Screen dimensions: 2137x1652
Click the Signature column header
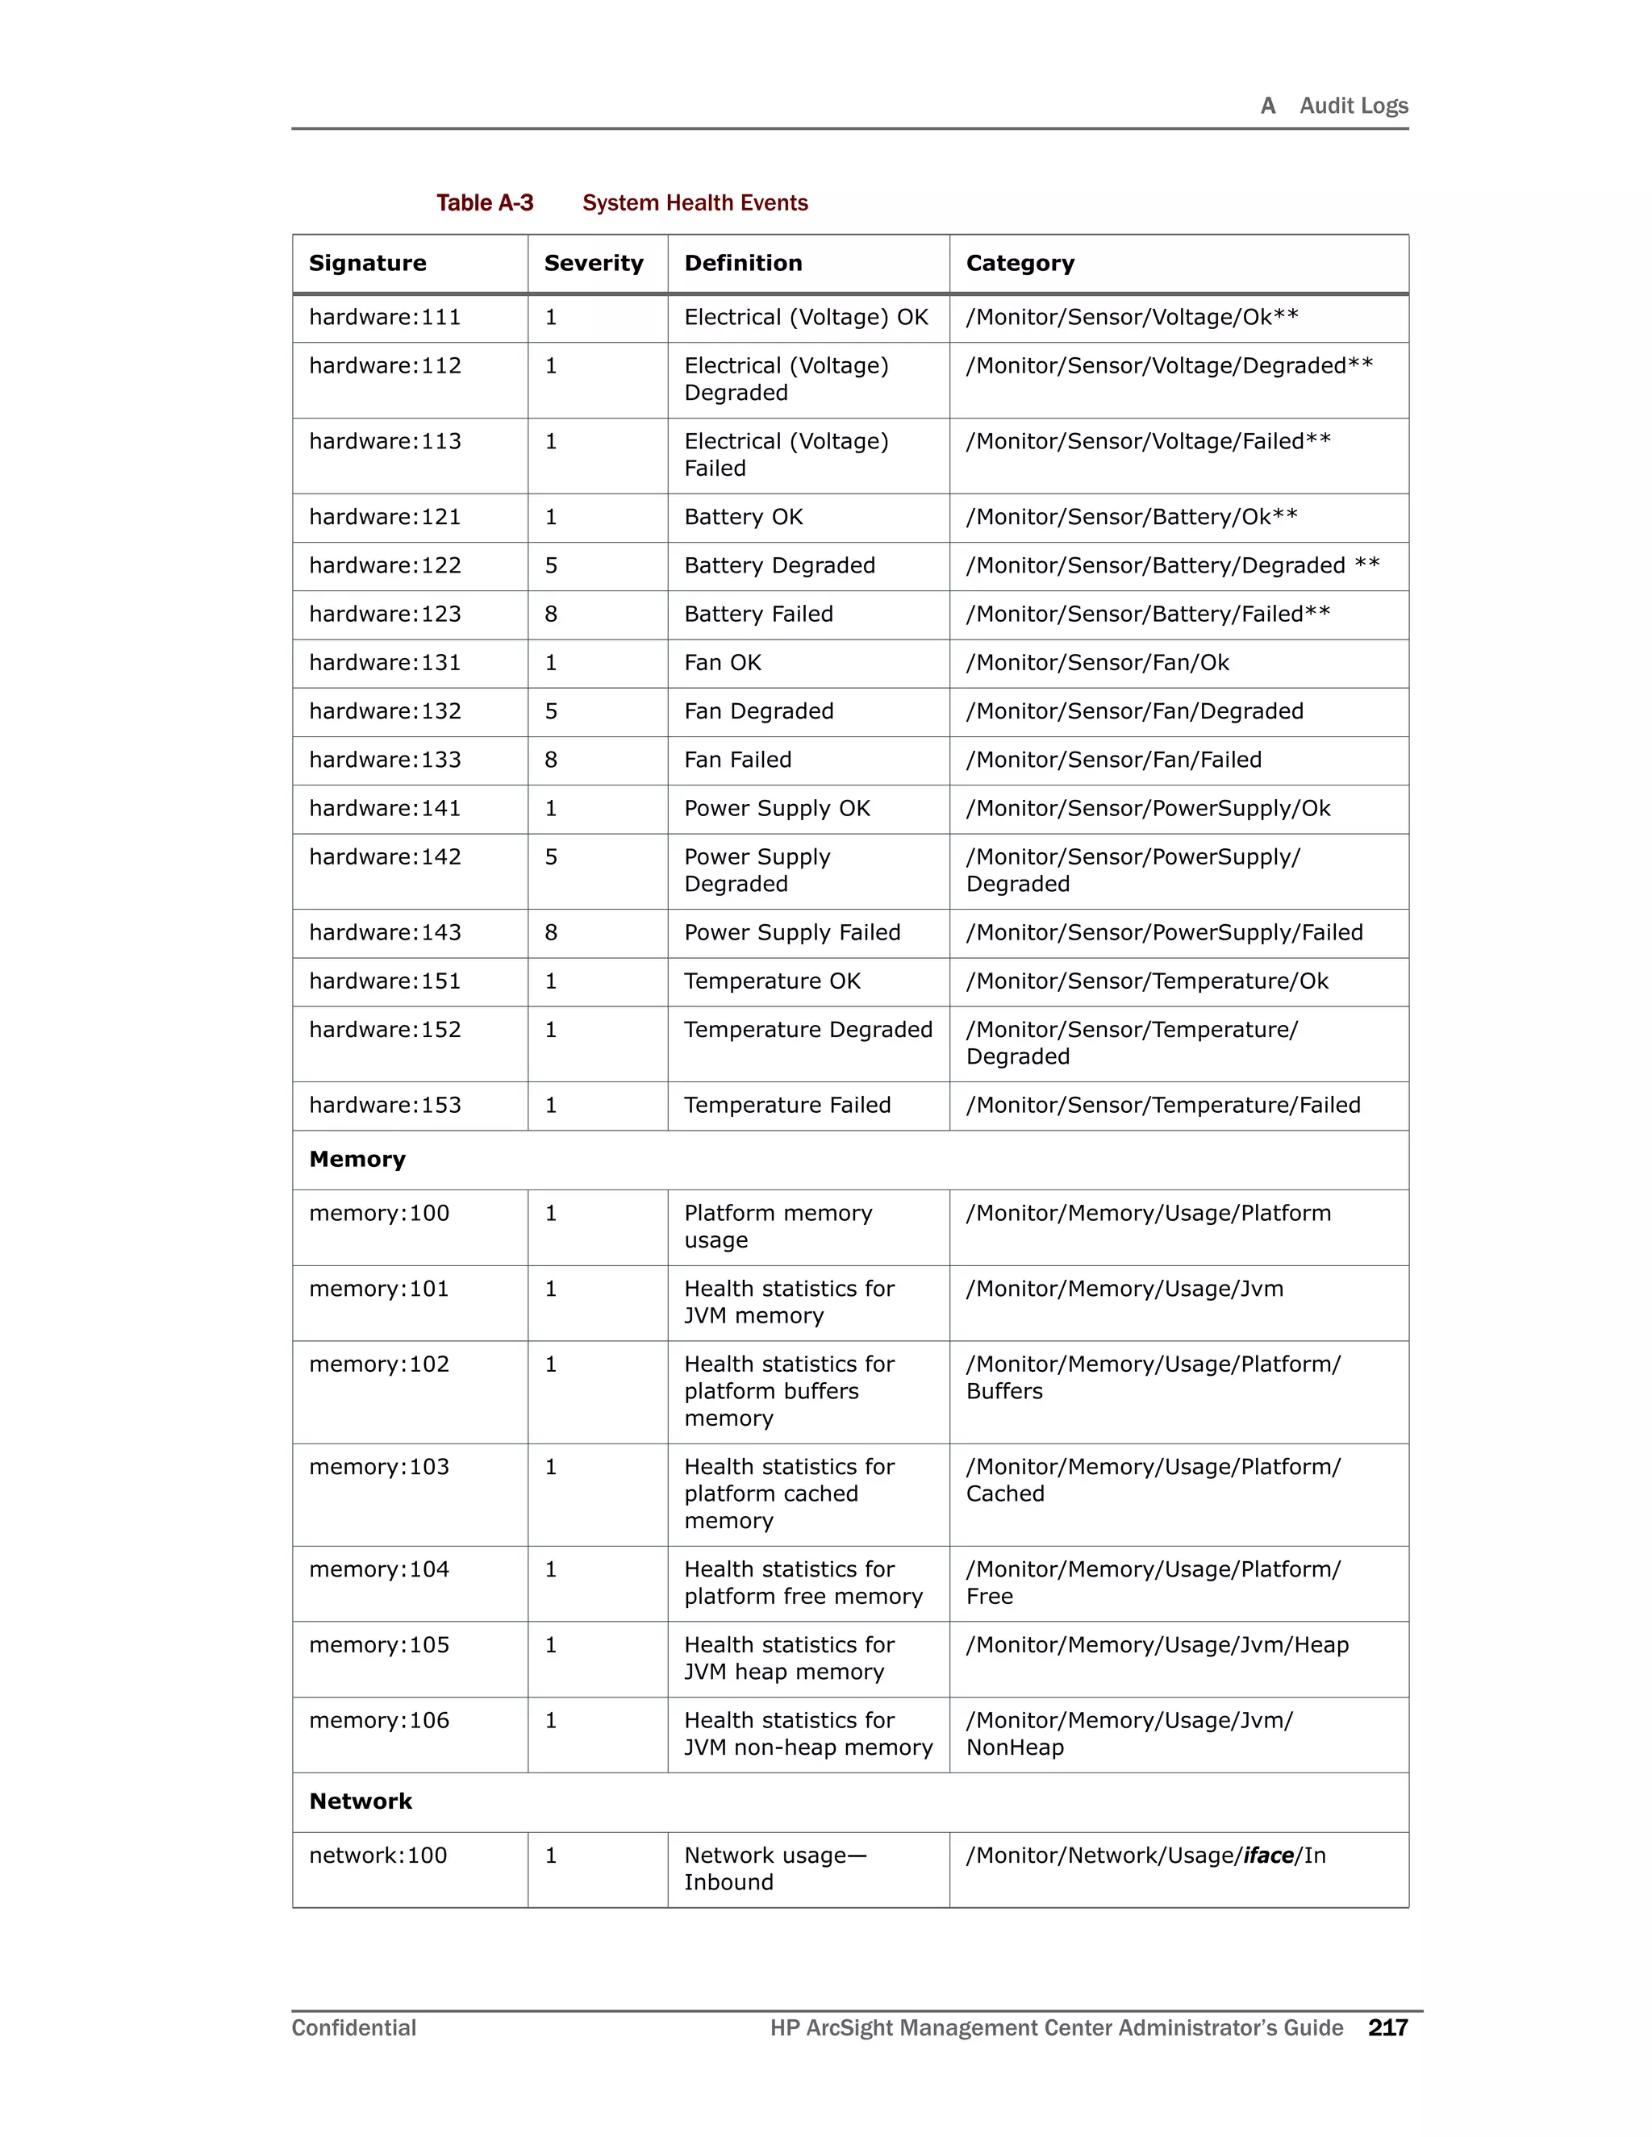coord(368,263)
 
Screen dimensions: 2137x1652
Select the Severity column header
coord(593,263)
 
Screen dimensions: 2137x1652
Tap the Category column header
coord(1020,263)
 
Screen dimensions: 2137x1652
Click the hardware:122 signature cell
coord(385,565)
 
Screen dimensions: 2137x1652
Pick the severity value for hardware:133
coord(551,760)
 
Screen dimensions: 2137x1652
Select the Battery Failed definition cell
coord(758,614)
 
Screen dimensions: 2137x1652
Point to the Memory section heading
coord(357,1160)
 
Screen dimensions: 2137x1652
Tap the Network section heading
coord(360,1802)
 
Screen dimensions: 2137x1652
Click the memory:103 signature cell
coord(379,1467)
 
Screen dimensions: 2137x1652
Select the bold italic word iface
coord(1268,1856)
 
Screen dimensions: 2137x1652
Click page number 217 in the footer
coord(1387,2028)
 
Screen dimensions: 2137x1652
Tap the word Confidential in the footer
coord(353,2028)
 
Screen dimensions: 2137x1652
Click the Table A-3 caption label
coord(485,202)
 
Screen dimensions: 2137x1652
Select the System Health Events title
coord(695,202)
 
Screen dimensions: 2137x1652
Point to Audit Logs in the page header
coord(1353,106)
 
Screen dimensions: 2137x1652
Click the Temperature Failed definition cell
coord(786,1106)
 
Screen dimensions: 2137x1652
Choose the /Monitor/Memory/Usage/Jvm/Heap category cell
coord(1157,1646)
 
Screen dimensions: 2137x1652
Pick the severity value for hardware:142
coord(551,857)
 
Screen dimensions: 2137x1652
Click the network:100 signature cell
coord(378,1856)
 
